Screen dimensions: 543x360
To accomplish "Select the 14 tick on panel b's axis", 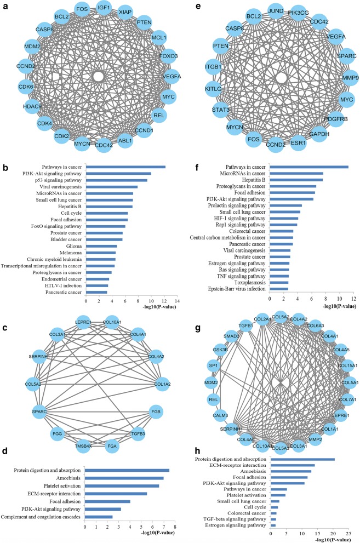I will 177,301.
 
